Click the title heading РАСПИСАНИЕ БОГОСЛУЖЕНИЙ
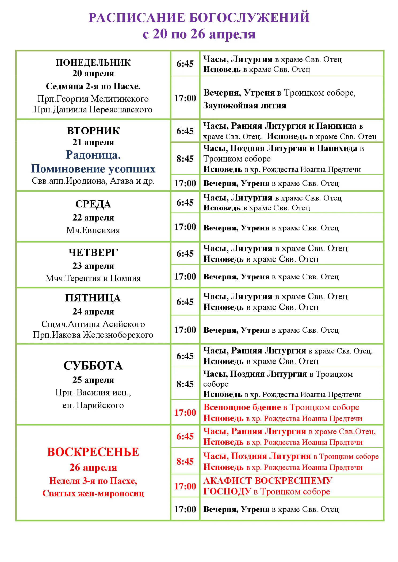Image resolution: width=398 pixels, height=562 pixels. (199, 17)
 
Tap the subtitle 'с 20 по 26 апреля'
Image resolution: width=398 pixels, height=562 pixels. (199, 34)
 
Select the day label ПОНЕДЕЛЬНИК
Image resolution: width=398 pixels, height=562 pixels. (93, 63)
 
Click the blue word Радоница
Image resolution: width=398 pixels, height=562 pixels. (93, 155)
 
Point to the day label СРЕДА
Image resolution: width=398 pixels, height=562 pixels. (93, 204)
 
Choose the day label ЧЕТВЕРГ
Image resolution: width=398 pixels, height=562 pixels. (93, 252)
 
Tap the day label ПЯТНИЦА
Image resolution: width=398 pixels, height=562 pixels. (93, 298)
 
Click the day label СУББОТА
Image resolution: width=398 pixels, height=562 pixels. (93, 366)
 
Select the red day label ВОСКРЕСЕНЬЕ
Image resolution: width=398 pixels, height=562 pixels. (93, 452)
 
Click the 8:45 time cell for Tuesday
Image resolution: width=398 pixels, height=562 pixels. (185, 159)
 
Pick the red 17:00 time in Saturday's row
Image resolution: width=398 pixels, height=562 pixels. (185, 412)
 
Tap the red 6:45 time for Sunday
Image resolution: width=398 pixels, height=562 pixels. (185, 436)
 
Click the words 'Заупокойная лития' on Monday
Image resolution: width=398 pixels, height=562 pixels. (245, 106)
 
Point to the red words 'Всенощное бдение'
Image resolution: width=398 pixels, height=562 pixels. (242, 407)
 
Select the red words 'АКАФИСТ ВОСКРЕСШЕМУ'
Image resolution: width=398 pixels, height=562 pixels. (268, 481)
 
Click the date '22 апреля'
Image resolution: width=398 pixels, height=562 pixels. (93, 218)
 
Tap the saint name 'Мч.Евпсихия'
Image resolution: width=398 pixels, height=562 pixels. (93, 230)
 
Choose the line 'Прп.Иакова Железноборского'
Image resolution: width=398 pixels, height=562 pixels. (93, 335)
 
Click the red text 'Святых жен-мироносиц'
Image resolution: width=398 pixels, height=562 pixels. (93, 493)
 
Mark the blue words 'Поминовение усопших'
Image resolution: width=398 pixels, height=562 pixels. (93, 169)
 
